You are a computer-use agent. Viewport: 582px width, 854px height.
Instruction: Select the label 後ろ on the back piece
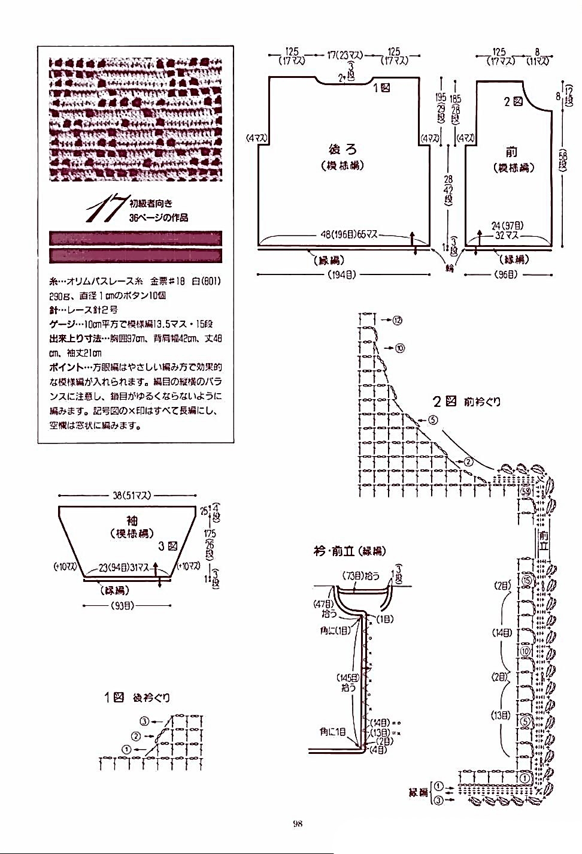pos(343,149)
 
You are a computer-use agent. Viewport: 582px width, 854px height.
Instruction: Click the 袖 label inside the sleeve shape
pos(132,520)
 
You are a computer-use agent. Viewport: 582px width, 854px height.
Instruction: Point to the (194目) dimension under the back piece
pos(342,274)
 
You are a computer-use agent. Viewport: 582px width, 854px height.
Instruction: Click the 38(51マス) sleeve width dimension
pos(131,496)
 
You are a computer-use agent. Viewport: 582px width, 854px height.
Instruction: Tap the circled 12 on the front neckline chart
pos(398,320)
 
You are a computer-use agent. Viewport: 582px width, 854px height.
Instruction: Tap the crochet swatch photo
pos(135,119)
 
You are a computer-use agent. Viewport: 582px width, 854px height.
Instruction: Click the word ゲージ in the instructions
pos(62,323)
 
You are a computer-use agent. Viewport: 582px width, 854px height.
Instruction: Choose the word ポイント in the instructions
pos(65,367)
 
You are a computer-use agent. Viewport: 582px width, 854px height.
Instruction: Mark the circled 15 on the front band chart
pos(526,580)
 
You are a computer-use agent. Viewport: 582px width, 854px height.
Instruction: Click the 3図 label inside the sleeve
pos(168,546)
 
